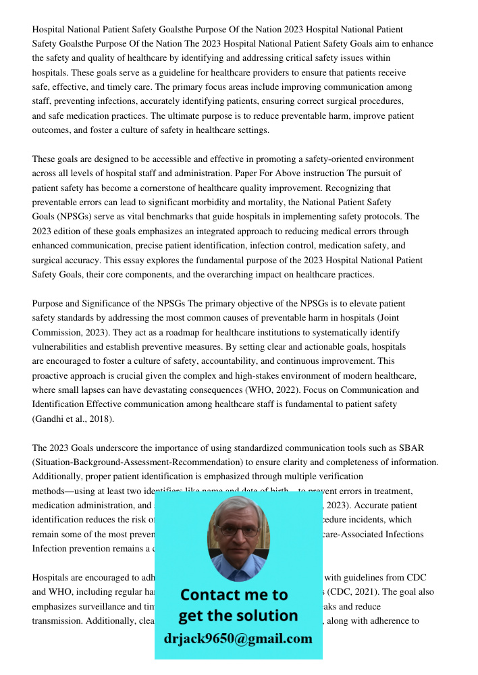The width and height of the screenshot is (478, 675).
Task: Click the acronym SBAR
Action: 426,448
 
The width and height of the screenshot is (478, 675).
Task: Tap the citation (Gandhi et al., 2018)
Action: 73,419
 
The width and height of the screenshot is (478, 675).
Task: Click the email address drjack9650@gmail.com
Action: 238,639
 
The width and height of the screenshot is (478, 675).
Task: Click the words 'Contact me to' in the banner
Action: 234,595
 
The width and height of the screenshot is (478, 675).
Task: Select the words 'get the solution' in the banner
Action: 238,616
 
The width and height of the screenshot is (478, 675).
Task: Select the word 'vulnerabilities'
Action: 62,346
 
